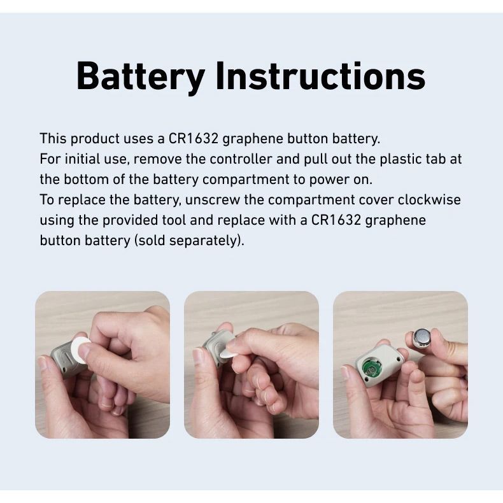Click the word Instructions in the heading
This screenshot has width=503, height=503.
pyautogui.click(x=320, y=76)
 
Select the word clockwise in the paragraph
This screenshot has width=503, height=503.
pyautogui.click(x=429, y=199)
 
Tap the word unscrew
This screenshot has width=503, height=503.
pyautogui.click(x=213, y=200)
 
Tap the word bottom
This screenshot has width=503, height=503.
pyautogui.click(x=87, y=180)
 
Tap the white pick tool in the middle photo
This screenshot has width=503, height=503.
pyautogui.click(x=229, y=352)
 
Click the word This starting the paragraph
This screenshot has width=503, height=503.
pyautogui.click(x=53, y=139)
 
